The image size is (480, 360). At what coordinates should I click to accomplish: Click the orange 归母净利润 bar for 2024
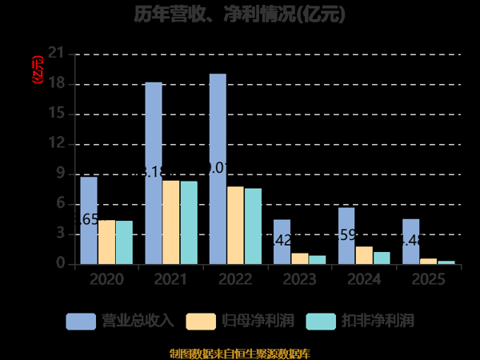coord(364,255)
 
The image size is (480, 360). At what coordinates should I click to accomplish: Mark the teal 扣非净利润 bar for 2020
coord(124,242)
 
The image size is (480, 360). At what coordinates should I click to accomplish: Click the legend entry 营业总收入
coord(120,321)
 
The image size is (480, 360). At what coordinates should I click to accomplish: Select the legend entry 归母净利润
coord(240,321)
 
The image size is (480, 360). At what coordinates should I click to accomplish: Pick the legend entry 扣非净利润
coord(360,321)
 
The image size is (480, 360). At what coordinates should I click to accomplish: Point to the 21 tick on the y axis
coord(56,54)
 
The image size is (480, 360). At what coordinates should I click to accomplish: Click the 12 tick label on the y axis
coord(56,144)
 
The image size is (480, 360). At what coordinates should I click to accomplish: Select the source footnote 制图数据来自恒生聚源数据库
coord(240,353)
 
